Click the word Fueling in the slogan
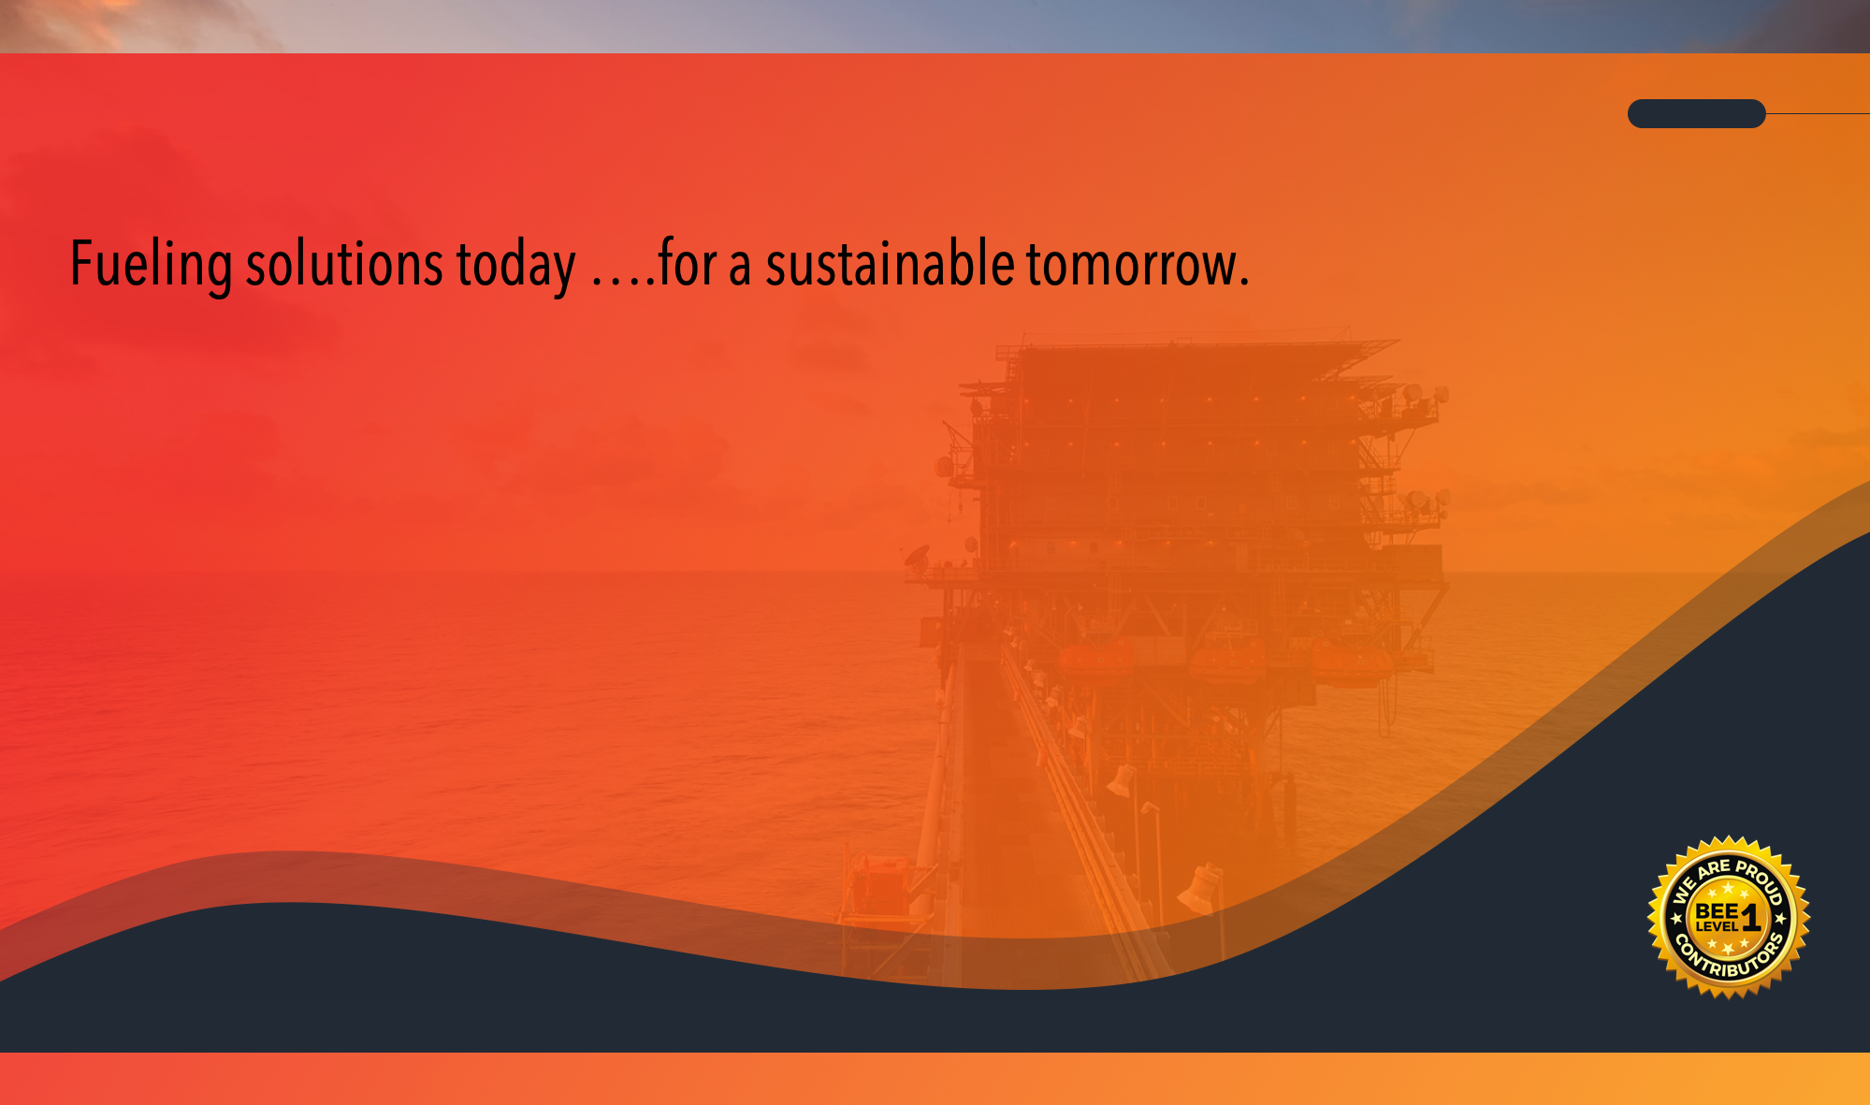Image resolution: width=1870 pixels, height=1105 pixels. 152,266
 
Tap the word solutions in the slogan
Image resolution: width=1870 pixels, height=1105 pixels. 344,264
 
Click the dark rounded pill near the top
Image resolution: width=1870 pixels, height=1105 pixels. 1697,113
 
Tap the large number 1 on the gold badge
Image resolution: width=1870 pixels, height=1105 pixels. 1751,917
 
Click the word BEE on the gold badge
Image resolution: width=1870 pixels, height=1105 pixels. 1717,910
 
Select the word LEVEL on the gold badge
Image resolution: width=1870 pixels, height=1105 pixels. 1717,926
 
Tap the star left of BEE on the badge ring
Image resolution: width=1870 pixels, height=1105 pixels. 1676,918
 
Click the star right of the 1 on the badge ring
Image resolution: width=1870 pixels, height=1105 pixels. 1781,918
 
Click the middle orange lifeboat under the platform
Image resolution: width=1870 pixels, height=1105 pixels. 1228,663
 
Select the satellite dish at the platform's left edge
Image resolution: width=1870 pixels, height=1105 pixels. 919,557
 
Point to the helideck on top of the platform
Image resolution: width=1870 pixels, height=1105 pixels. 1197,348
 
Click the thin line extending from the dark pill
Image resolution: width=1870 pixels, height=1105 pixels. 1818,114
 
